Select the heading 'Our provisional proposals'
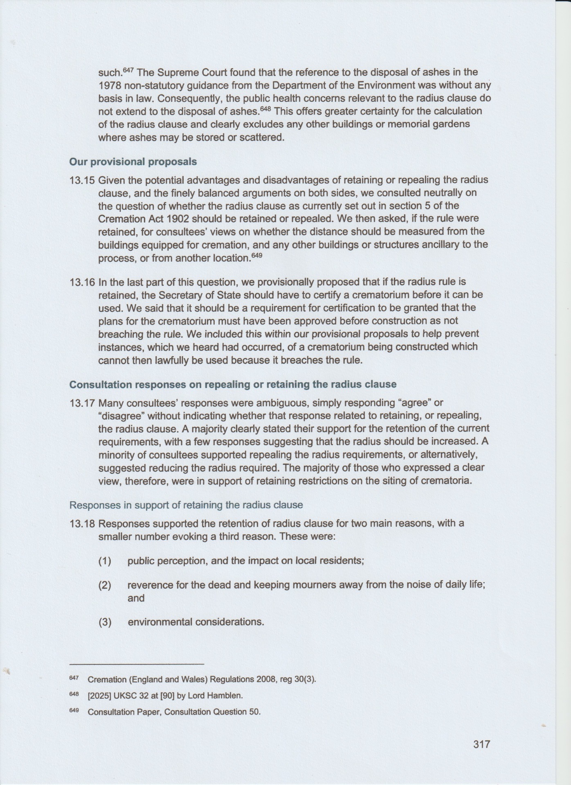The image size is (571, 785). pos(133,161)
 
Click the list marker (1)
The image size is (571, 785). pos(105,561)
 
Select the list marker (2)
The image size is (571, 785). pos(105,585)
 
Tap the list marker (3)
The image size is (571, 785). pos(105,622)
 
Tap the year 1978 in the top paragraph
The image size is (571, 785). pos(108,85)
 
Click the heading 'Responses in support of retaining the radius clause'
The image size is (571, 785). pos(186,505)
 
